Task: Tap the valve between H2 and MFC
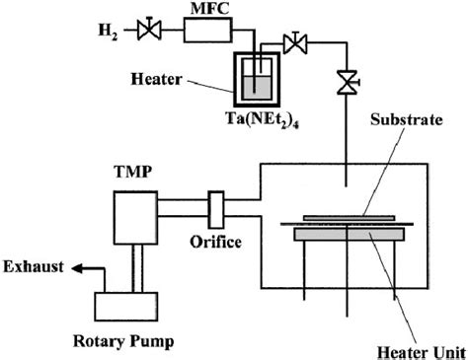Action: coord(149,35)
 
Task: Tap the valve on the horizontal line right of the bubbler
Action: coord(293,43)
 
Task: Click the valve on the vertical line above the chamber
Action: coord(345,84)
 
